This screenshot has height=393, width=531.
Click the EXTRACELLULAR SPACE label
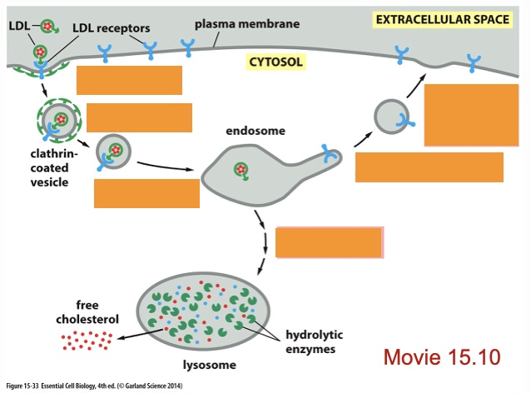(x=442, y=19)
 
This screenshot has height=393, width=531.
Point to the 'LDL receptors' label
(x=111, y=27)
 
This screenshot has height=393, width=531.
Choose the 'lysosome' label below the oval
(x=209, y=365)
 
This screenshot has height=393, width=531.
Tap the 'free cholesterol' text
(x=87, y=311)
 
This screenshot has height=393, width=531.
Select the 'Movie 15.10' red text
(x=441, y=357)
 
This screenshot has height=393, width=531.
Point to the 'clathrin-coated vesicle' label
(x=57, y=168)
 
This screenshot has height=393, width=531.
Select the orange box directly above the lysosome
(x=329, y=241)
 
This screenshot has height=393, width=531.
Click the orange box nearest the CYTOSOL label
(x=129, y=80)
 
